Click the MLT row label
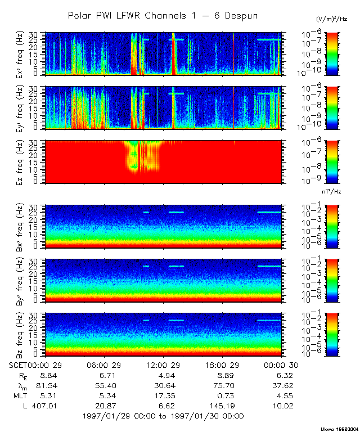(x=17, y=395)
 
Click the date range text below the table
(x=163, y=416)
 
